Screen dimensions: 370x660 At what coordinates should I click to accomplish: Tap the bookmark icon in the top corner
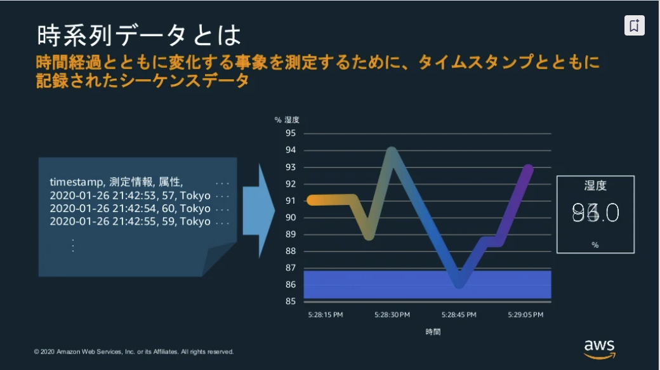[634, 25]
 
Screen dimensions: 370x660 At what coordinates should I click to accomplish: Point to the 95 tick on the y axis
[291, 133]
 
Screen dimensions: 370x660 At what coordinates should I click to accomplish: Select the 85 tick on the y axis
[291, 301]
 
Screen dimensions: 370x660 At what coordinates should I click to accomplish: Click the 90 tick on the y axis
[291, 217]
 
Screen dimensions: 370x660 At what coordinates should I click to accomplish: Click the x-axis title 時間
[433, 331]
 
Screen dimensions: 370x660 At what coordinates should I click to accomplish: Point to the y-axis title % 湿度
[286, 119]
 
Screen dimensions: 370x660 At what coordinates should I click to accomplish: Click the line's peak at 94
[392, 152]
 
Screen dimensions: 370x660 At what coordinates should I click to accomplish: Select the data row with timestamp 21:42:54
[130, 209]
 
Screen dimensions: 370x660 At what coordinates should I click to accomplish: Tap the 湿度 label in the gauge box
[595, 186]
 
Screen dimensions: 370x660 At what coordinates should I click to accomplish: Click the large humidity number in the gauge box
[595, 213]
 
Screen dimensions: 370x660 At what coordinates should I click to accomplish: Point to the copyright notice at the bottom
[134, 351]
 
